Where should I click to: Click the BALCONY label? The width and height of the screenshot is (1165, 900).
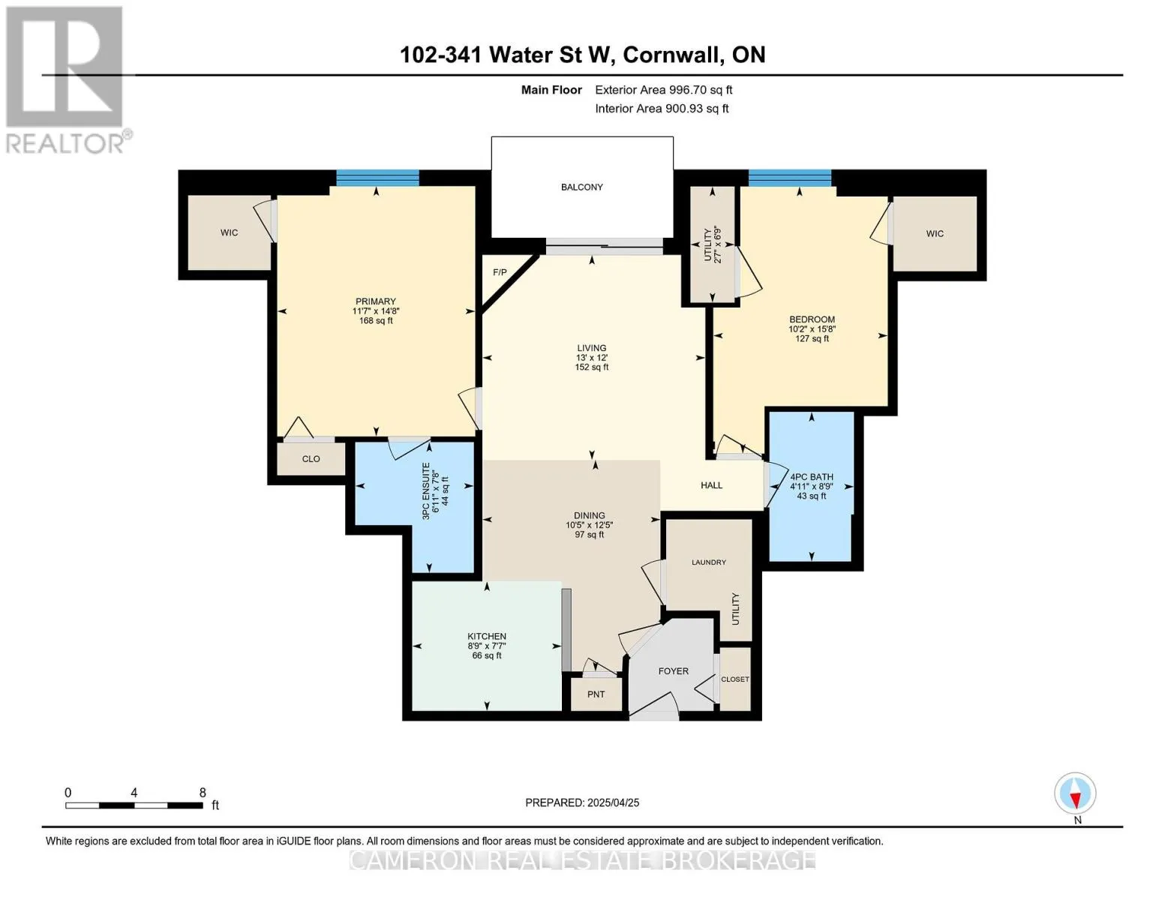pos(581,187)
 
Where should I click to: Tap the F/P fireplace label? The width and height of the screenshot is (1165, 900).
pos(500,272)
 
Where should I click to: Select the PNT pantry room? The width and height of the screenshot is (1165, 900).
pos(596,694)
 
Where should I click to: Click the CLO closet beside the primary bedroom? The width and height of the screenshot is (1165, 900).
pos(311,459)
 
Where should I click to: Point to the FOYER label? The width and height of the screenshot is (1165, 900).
pos(674,671)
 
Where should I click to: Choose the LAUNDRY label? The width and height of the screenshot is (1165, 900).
pos(709,562)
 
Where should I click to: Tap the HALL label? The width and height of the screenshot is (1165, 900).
pos(711,485)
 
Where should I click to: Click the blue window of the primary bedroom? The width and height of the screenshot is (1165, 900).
pos(377,178)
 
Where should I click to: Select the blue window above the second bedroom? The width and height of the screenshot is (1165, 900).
pos(790,178)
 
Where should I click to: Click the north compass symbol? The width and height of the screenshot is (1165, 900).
pos(1075,793)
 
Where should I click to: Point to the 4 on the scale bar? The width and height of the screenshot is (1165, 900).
pos(134,793)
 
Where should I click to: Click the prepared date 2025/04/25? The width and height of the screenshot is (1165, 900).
pos(614,803)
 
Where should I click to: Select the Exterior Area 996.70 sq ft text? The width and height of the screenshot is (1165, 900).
pos(664,90)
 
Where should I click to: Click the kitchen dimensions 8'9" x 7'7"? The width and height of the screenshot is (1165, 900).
pos(487,646)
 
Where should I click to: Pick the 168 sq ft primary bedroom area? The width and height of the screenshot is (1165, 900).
pos(376,320)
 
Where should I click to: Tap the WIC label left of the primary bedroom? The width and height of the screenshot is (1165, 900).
pos(229,232)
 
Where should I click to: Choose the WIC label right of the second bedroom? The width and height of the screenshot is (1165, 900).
pos(935,234)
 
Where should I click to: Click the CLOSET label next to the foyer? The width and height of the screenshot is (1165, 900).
pos(735,679)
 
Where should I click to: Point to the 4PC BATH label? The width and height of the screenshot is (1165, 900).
pos(812,477)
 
